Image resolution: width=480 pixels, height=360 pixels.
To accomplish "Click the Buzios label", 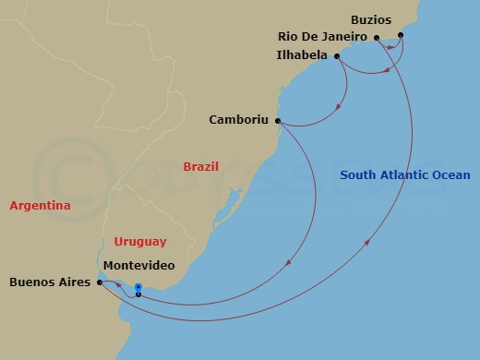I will coord(371,18).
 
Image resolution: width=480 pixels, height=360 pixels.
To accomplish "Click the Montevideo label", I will coord(138,266).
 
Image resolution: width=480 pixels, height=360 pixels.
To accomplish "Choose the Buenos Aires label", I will coord(48,283).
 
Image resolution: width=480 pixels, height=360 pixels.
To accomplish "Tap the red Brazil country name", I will coord(200,167).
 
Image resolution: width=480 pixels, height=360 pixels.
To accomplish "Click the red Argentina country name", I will coord(40,206).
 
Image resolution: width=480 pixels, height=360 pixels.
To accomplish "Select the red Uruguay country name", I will coord(140,242).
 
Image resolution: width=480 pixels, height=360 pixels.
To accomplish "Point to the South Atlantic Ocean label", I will coord(404,175).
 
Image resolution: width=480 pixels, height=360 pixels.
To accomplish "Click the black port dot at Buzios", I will coord(401,35).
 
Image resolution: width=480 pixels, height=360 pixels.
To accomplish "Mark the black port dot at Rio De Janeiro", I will coord(377,38).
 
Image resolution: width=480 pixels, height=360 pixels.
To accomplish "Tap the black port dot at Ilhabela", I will coord(337,56).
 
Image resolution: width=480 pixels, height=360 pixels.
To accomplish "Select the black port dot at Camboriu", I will coord(279,120).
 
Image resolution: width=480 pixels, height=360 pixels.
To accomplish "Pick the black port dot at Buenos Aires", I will coord(99,283).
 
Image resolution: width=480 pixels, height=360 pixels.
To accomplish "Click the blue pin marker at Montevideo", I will coord(138,289).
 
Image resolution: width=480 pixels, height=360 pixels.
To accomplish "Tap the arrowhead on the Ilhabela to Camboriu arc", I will coord(339,107).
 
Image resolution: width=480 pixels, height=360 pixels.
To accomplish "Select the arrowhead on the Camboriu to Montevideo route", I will coord(289,265).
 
